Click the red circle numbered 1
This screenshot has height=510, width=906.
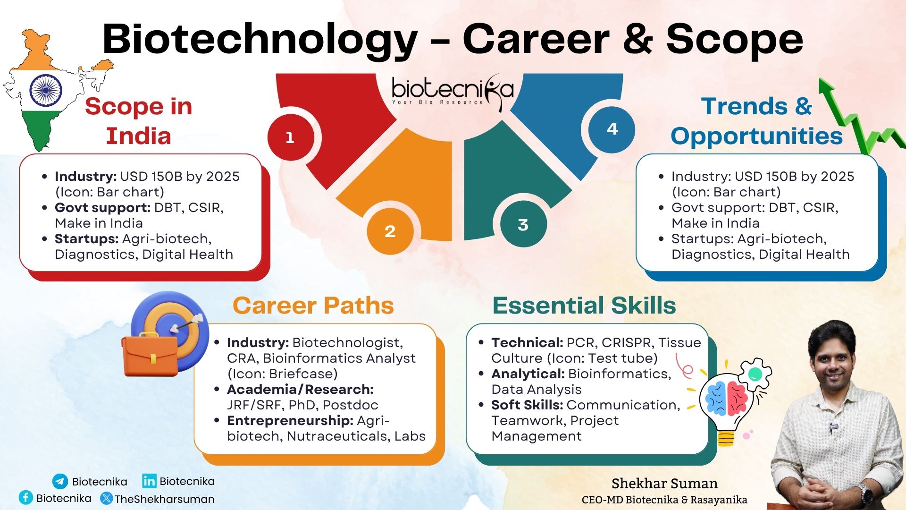[x=290, y=137]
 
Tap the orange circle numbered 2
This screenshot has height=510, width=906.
[x=390, y=231]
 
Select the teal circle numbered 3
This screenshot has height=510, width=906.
[x=523, y=225]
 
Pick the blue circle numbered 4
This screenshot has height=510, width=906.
[x=612, y=129]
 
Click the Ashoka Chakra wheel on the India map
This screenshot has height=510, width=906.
[x=46, y=90]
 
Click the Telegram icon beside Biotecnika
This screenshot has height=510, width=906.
[x=60, y=481]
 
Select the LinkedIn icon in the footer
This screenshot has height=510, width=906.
[x=149, y=481]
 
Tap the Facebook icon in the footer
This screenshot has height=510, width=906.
[x=26, y=498]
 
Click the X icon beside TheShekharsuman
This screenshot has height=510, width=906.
[x=107, y=498]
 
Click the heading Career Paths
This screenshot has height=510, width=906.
[x=313, y=306]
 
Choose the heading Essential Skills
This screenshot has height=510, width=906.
[x=584, y=306]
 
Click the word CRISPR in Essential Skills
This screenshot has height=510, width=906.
[x=628, y=343]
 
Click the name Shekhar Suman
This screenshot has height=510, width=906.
[x=664, y=484]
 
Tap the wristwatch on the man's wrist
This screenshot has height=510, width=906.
[x=865, y=493]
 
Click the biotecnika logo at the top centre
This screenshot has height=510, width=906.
[x=452, y=91]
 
